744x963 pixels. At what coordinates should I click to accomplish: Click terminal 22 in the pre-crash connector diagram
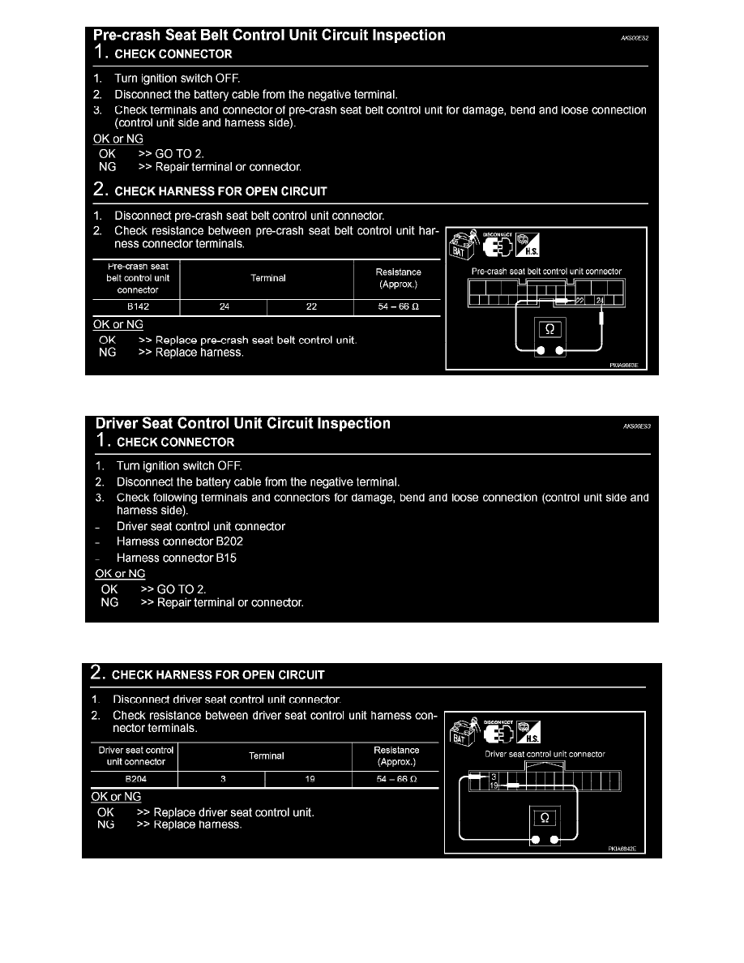[x=580, y=301]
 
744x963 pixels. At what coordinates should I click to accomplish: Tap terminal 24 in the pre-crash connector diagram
[x=600, y=301]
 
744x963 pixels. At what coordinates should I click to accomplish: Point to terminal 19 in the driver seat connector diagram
[x=494, y=785]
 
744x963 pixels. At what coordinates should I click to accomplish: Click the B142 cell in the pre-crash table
[x=137, y=307]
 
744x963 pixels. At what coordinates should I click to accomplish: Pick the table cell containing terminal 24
[x=224, y=307]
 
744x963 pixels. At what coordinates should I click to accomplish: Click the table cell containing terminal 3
[x=220, y=779]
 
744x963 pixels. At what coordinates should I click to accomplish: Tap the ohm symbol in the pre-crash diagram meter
[x=551, y=329]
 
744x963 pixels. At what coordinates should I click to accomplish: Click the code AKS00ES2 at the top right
[x=632, y=37]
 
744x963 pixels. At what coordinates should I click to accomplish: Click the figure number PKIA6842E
[x=623, y=850]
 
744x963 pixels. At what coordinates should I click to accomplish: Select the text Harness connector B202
[x=180, y=541]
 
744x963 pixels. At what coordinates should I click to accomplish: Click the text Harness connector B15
[x=177, y=558]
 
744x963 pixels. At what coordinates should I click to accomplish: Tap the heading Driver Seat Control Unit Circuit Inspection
[x=243, y=424]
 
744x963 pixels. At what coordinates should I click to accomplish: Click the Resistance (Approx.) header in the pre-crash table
[x=398, y=278]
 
